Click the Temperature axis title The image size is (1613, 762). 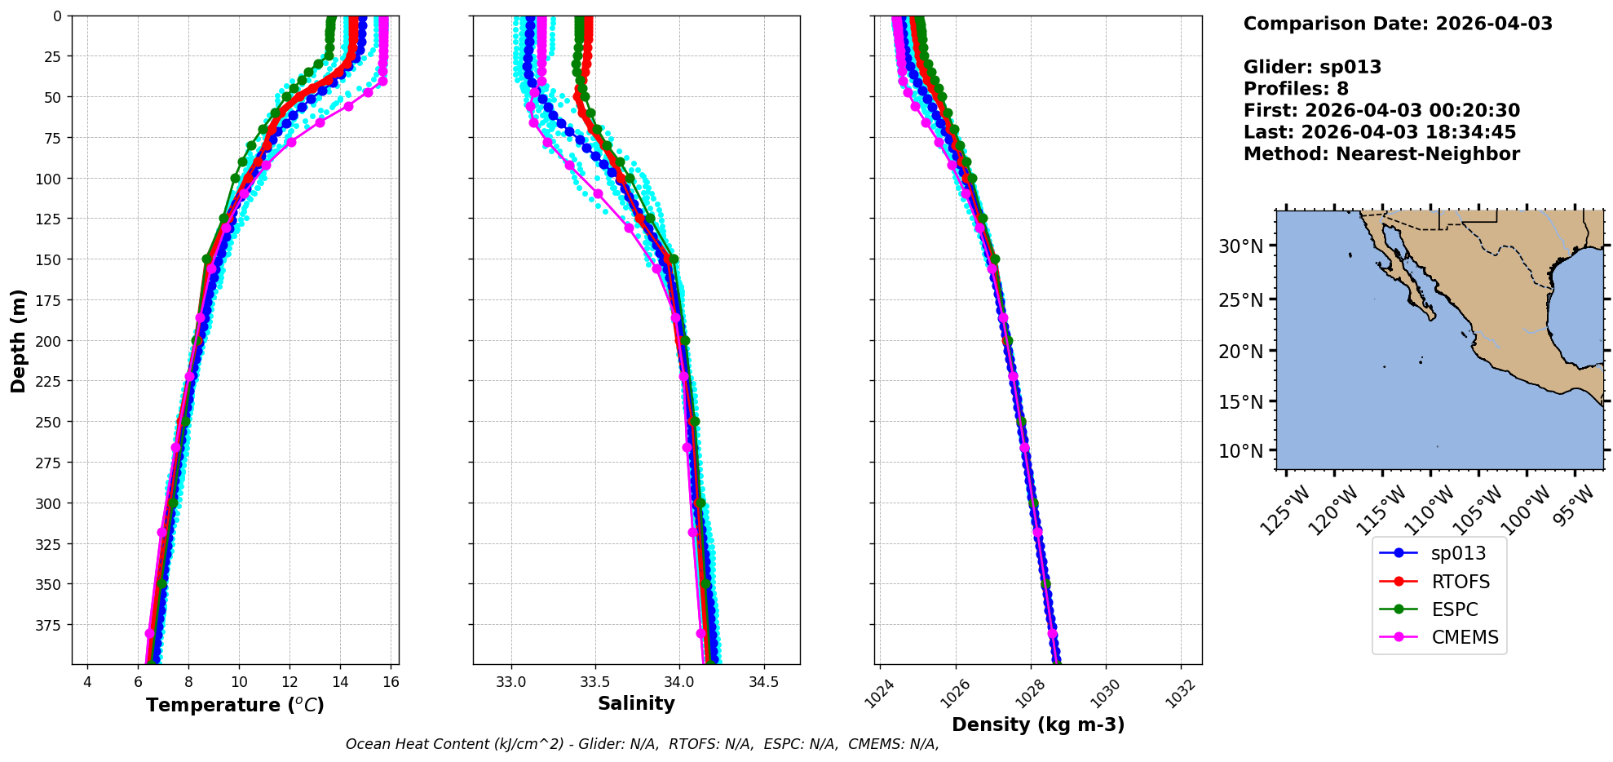[235, 705]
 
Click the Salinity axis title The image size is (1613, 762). [636, 703]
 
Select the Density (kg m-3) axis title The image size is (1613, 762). [1038, 724]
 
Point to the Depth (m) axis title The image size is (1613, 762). [18, 340]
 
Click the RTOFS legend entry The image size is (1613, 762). [1460, 582]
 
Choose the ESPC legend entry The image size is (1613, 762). [1454, 609]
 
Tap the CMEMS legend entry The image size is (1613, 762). [1465, 637]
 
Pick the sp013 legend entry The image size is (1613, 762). [1458, 553]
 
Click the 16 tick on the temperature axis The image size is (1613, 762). [391, 682]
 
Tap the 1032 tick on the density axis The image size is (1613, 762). [1181, 694]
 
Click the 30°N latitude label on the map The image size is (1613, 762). [1240, 246]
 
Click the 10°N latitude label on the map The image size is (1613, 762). [1240, 451]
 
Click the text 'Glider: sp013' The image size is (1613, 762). [1312, 67]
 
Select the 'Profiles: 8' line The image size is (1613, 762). [1296, 89]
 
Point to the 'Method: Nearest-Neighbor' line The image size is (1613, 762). [1381, 154]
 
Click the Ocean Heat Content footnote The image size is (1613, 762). [642, 744]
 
